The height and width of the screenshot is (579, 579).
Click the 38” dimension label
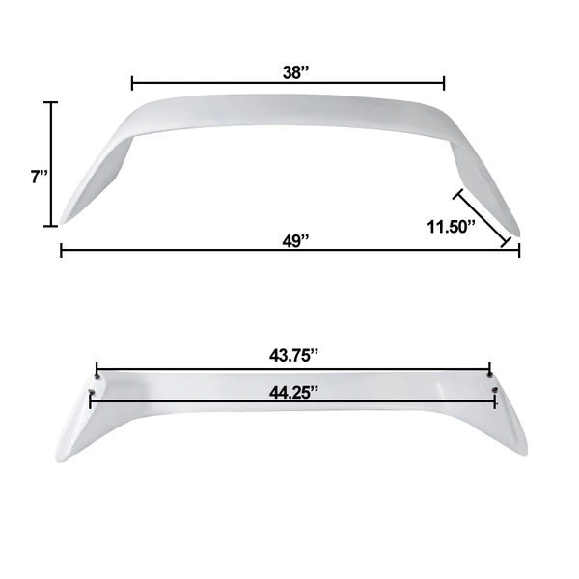pos(295,72)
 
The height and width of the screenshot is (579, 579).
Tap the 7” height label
pos(40,177)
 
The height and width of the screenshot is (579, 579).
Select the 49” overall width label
pos(295,241)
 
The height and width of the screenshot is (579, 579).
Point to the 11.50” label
pos(451,227)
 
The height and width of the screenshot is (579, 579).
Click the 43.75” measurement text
pos(293,355)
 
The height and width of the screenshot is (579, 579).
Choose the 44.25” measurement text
pos(293,392)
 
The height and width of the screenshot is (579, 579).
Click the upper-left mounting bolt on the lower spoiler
pos(97,376)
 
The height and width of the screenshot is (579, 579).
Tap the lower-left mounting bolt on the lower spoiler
pos(92,392)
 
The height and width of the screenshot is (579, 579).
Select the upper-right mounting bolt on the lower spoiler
pos(490,375)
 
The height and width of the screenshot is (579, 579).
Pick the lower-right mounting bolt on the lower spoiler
pos(495,390)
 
